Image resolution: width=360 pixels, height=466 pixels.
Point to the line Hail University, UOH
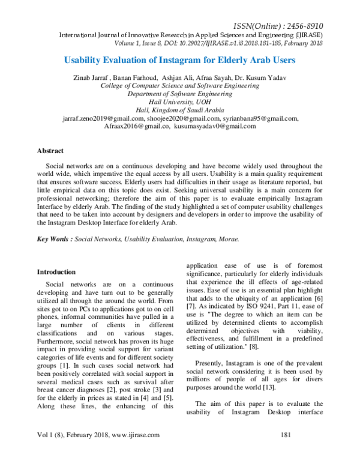coord(179,102)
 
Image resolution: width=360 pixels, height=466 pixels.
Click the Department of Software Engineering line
coord(179,94)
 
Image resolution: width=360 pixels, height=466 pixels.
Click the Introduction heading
coord(56,272)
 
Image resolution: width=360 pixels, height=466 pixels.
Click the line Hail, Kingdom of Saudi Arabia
coord(179,110)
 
